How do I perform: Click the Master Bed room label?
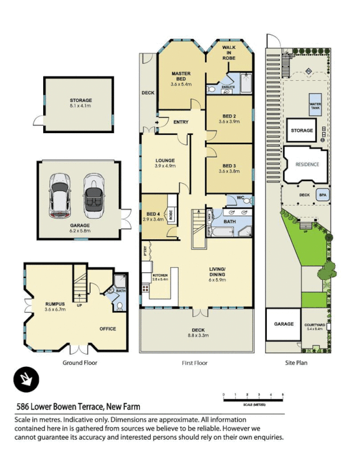[181, 76]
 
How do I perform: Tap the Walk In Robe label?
[229, 53]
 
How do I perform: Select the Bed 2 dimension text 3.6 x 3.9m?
[229, 121]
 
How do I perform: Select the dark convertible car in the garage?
[93, 196]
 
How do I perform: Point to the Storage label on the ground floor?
[80, 101]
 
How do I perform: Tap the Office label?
[108, 329]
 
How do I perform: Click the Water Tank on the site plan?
[315, 105]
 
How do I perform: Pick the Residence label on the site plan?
[307, 164]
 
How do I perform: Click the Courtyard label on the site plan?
[315, 326]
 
